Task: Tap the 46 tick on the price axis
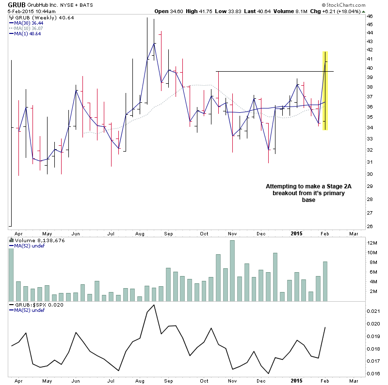tap(370, 16)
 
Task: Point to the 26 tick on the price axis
tap(370, 226)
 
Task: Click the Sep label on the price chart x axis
tap(169, 233)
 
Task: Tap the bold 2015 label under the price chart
tap(297, 233)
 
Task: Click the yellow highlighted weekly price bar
tap(325, 91)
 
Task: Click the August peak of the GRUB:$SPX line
tap(154, 305)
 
